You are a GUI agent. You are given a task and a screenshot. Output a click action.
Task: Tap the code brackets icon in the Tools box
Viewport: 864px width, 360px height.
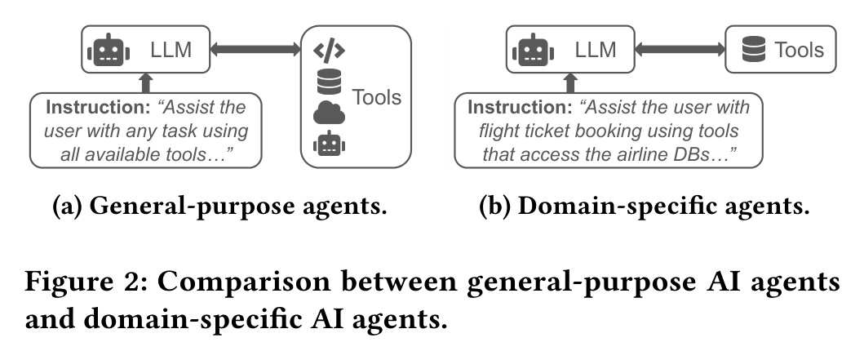click(329, 51)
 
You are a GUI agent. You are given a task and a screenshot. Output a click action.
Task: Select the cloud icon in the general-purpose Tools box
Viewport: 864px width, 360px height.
click(329, 113)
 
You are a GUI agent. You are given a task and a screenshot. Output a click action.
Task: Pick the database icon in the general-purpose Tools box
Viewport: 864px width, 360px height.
click(329, 82)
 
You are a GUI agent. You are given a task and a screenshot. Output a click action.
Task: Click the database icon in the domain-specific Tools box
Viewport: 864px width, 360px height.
click(752, 51)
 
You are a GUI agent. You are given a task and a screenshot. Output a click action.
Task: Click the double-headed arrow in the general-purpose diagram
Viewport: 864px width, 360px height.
click(255, 51)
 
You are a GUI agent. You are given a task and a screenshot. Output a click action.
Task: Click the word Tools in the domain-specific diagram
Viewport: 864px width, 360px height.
click(799, 51)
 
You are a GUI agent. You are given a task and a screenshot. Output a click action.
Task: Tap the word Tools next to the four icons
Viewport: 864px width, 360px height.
click(376, 98)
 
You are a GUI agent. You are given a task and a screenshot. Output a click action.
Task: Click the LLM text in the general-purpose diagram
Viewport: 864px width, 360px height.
click(171, 51)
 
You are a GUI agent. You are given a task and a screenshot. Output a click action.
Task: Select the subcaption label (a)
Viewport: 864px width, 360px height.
click(68, 207)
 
